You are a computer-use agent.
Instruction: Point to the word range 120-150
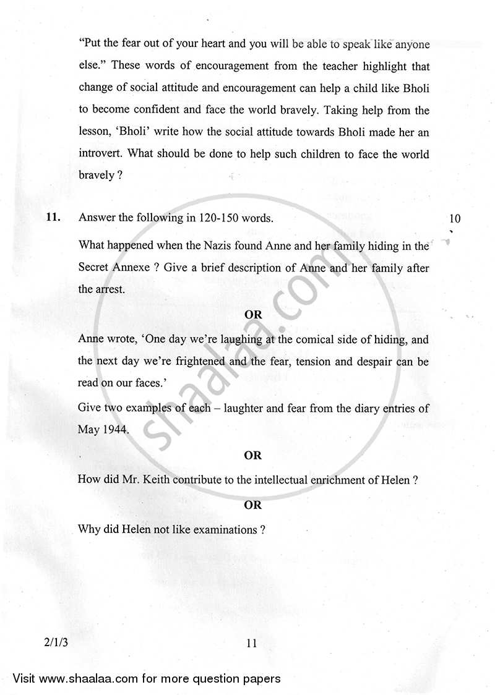pos(215,218)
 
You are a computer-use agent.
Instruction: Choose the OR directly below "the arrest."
pos(253,314)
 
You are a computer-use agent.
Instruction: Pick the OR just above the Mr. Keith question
pos(253,455)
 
